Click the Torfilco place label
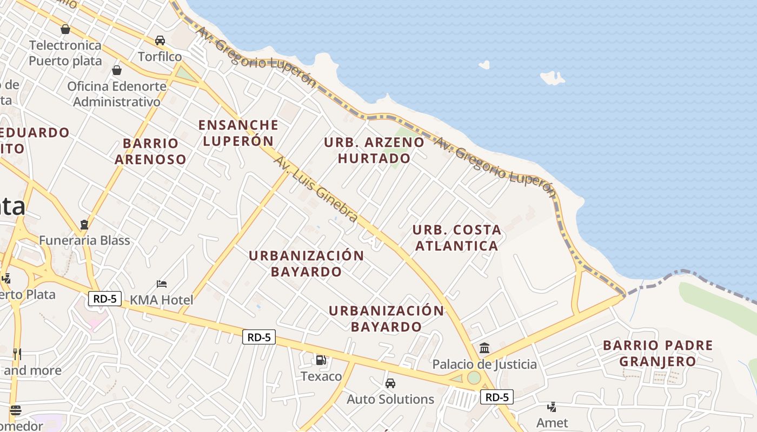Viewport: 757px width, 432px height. click(x=160, y=57)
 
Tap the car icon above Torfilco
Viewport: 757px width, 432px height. click(x=160, y=40)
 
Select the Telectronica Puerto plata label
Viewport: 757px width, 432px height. click(x=65, y=53)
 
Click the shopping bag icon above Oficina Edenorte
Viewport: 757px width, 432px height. click(x=116, y=70)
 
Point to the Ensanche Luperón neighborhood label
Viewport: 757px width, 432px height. click(x=238, y=133)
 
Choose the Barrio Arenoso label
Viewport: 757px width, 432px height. click(x=150, y=151)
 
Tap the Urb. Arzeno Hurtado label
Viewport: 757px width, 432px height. click(x=374, y=150)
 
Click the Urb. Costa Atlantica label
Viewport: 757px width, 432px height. click(x=457, y=238)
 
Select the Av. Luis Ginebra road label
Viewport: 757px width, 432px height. click(x=316, y=189)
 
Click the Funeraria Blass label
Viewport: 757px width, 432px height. click(x=84, y=240)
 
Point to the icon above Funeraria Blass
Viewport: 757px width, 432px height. click(x=84, y=224)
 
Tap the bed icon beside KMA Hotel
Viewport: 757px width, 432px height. click(x=161, y=283)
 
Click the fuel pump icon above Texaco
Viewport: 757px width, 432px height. click(x=321, y=360)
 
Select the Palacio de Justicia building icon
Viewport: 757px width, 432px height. click(x=484, y=348)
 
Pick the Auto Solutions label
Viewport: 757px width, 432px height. click(x=390, y=400)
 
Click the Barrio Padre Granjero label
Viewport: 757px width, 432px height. click(x=658, y=353)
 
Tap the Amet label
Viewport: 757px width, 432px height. click(x=552, y=423)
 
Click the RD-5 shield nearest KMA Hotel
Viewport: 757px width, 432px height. click(x=105, y=299)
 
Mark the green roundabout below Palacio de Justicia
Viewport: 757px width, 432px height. click(x=474, y=378)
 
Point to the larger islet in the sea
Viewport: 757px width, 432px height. click(x=552, y=78)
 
